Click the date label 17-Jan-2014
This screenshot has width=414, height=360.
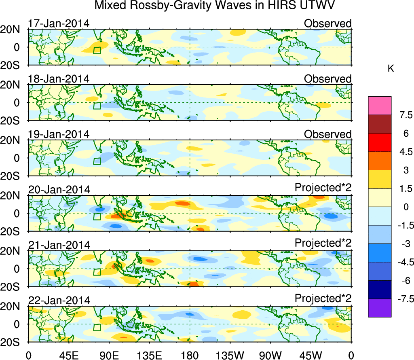point(59,23)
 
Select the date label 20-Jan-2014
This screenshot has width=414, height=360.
point(59,190)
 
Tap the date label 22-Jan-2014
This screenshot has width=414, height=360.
point(59,301)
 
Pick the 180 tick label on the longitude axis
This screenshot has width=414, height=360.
point(190,355)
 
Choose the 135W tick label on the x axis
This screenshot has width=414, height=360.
point(230,355)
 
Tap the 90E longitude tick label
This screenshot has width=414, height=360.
point(109,355)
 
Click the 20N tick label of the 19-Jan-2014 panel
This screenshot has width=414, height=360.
point(13,140)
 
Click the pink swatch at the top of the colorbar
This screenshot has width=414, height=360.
point(380,106)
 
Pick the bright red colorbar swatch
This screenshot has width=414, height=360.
point(380,142)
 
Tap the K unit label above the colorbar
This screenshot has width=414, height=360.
point(391,69)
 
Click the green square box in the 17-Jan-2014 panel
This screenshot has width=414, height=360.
point(97,50)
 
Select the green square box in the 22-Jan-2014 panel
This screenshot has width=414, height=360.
point(97,327)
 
